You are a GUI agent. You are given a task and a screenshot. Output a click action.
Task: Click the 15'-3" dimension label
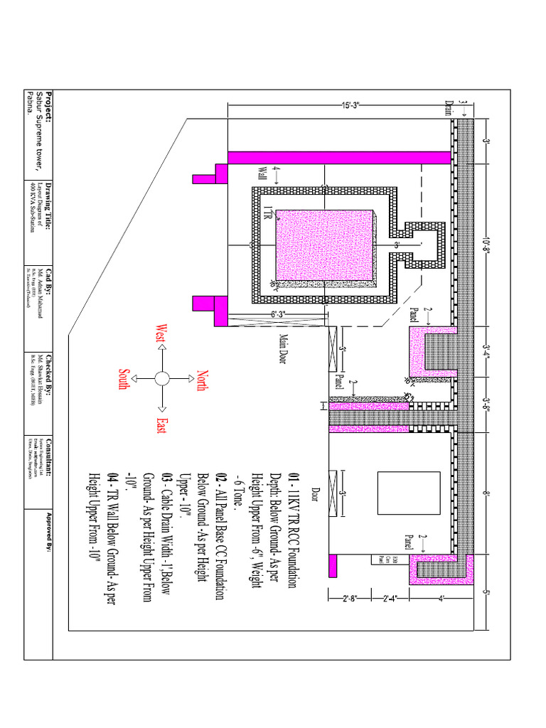coord(350,106)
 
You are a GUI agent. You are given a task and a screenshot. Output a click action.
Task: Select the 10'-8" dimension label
coord(486,245)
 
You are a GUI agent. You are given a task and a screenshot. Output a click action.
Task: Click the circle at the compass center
coord(161,378)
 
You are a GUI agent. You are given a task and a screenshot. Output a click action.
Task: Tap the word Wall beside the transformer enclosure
coord(261,173)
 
